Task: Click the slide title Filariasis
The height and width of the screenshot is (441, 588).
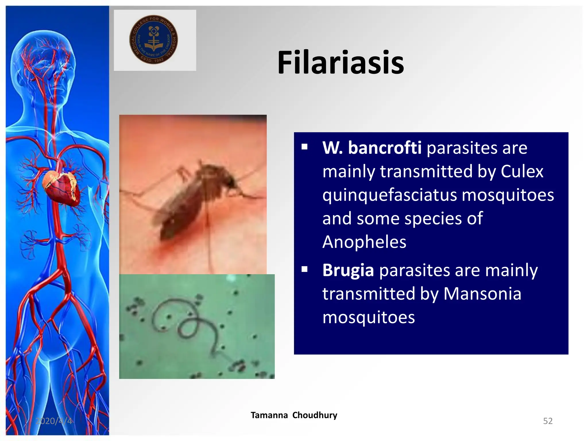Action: pos(341,63)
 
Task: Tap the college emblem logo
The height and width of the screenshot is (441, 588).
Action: pos(153,40)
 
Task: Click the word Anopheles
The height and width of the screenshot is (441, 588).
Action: pos(364,242)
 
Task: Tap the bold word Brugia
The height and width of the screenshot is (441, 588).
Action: pos(348,270)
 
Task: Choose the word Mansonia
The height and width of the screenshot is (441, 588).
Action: pos(482,294)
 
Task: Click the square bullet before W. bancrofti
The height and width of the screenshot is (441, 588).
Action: pos(305,147)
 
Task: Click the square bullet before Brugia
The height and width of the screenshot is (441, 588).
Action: pos(305,270)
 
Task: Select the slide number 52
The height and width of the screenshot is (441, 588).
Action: pos(548,421)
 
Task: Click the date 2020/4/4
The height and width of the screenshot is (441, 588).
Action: pos(54,421)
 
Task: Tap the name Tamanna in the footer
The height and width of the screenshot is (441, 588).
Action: pos(269,415)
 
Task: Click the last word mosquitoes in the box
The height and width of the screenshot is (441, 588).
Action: pos(368,317)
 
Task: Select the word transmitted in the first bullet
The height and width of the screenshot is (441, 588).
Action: pos(426,171)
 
